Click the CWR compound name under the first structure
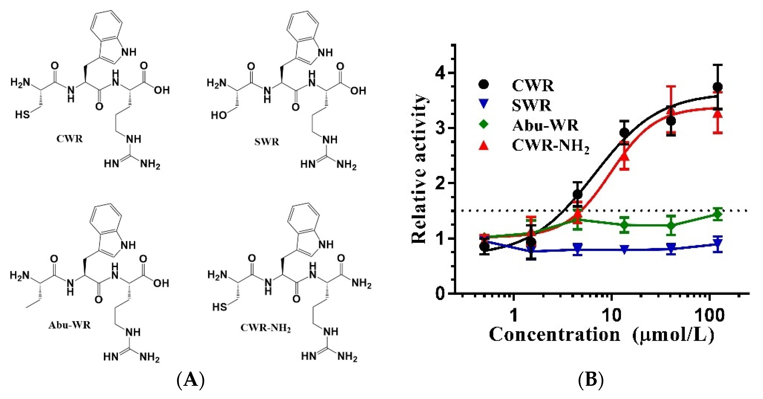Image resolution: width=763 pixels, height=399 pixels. click(x=70, y=139)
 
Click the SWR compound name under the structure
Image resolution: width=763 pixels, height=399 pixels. click(x=267, y=142)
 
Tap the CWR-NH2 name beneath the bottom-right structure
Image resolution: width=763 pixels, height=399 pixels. click(x=266, y=328)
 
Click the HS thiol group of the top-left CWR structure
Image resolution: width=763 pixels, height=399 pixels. click(x=22, y=114)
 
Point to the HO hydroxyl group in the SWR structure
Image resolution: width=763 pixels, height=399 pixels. click(x=219, y=115)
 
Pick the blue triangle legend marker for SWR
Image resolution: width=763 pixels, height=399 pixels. click(x=483, y=104)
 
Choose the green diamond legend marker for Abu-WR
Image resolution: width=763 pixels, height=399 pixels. click(x=483, y=124)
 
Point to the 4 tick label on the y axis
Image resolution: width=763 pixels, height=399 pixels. click(x=441, y=73)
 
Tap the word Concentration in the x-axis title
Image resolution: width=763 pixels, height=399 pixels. click(x=554, y=335)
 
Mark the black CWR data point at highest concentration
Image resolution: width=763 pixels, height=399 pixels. click(x=717, y=87)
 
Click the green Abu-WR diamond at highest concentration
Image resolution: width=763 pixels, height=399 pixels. click(x=717, y=214)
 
